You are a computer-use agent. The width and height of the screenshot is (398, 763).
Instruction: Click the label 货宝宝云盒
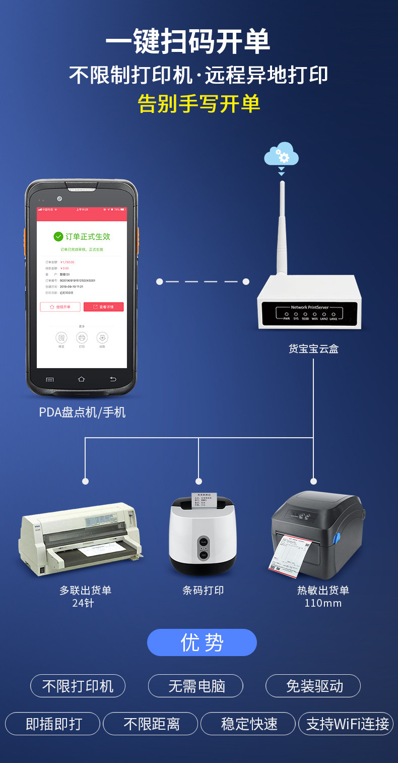pos(313,348)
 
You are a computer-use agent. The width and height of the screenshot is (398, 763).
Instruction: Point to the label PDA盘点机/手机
pos(82,412)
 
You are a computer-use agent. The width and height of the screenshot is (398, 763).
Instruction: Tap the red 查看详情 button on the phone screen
pos(103,307)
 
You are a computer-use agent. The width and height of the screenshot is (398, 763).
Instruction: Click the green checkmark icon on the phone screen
pos(58,237)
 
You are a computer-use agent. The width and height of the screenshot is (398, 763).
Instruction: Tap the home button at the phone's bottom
pos(82,379)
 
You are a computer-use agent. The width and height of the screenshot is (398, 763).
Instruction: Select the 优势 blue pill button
pos(202,642)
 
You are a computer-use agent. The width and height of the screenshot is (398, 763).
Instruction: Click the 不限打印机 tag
pos(78,686)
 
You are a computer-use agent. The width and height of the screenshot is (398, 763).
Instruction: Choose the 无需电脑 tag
pos(195,686)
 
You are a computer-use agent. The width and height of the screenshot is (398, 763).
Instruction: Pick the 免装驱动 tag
pos(313,686)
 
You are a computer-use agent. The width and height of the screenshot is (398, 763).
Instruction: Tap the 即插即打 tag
pos(53,724)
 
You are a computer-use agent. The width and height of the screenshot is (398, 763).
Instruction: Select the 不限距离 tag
pos(151,724)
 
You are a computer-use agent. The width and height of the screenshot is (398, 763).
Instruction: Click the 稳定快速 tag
pos(248,724)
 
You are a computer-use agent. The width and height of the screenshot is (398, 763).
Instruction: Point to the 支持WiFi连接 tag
pos(347,724)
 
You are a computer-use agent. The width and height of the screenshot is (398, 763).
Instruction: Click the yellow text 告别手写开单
pos(199,103)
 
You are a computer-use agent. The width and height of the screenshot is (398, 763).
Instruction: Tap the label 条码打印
pos(203,590)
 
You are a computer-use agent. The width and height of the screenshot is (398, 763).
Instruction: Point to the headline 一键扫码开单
pos(187,42)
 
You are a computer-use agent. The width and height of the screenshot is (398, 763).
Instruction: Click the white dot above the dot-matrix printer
pos(85,481)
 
